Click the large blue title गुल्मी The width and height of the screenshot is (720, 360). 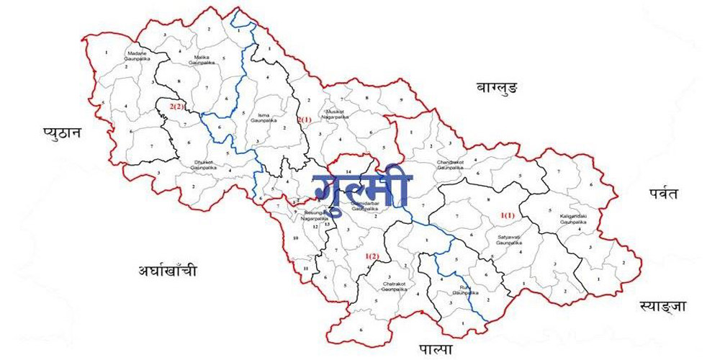362,186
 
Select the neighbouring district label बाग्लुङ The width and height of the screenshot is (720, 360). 498,87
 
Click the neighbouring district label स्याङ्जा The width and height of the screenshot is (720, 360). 662,306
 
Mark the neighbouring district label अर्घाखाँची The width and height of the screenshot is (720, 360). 167,271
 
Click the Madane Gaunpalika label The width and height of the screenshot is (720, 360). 136,56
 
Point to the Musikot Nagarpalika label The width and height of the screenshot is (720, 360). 337,114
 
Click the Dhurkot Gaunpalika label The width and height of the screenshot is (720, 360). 204,163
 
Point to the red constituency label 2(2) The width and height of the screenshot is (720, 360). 178,107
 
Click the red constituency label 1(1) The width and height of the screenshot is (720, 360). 508,215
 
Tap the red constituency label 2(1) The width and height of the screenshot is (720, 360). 305,119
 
